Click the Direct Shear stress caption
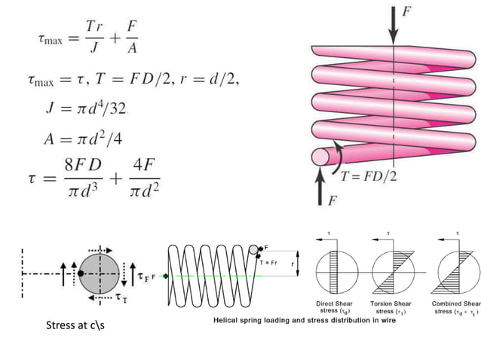pyautogui.click(x=332, y=307)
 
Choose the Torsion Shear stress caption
pyautogui.click(x=389, y=307)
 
